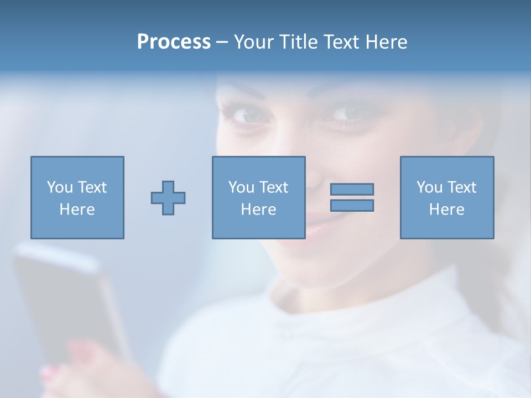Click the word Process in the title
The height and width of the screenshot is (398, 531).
[174, 42]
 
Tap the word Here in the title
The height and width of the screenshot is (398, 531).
[386, 42]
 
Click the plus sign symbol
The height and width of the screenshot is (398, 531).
[168, 197]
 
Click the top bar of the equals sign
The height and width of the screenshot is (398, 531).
[352, 189]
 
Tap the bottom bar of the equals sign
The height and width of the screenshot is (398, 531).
[352, 205]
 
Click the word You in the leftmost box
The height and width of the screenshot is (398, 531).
[59, 187]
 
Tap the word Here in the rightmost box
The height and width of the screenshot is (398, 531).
[446, 210]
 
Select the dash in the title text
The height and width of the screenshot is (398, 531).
[222, 42]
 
